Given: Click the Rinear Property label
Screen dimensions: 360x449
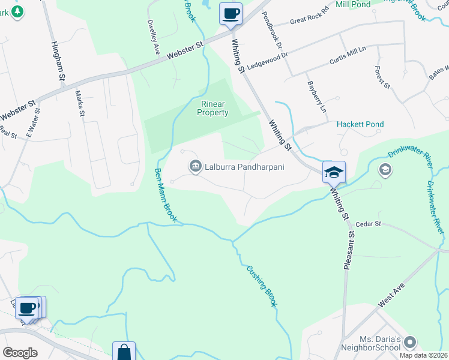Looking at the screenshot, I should (x=214, y=108).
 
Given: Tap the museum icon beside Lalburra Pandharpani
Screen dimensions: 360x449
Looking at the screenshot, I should (x=195, y=166).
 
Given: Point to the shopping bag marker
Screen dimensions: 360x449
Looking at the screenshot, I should (x=124, y=352).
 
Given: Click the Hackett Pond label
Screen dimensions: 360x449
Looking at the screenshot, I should (x=360, y=124).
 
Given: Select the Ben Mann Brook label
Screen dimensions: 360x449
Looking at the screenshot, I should (x=165, y=195).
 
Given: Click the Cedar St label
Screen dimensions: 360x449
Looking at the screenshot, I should (x=369, y=224).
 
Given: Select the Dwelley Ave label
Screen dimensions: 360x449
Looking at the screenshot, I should (x=153, y=38).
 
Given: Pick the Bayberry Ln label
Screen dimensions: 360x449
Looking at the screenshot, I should (x=316, y=97).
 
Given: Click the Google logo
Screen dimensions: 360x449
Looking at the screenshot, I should (x=20, y=353).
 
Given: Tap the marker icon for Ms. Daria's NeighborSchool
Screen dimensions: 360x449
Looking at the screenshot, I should (x=410, y=343).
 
